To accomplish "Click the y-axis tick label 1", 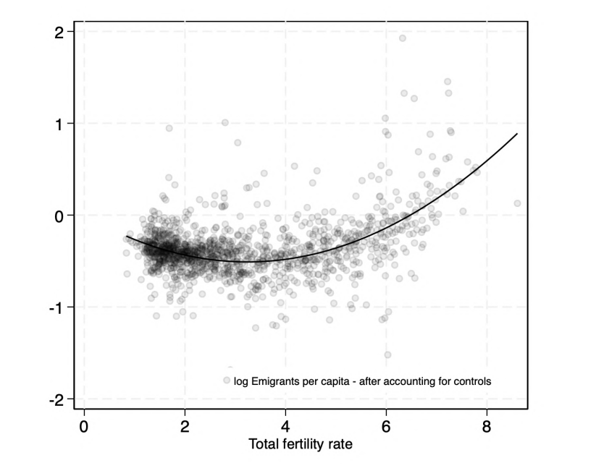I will (x=59, y=124).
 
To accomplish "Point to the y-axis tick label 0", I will (x=59, y=216).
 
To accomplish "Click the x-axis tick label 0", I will (x=84, y=425).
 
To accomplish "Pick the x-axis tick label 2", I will (x=185, y=425).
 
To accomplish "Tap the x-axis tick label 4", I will (x=285, y=425).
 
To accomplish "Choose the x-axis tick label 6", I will (x=386, y=425).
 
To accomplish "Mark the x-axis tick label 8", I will (x=487, y=425).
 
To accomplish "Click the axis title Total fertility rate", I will (x=301, y=444).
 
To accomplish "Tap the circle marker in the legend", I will (x=227, y=380).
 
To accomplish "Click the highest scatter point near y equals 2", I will (x=403, y=38).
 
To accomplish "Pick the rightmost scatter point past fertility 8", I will (x=517, y=203).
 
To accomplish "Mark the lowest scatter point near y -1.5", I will (x=387, y=354).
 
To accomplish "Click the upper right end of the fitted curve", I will (x=517, y=134).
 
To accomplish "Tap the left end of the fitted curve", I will (x=127, y=237).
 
